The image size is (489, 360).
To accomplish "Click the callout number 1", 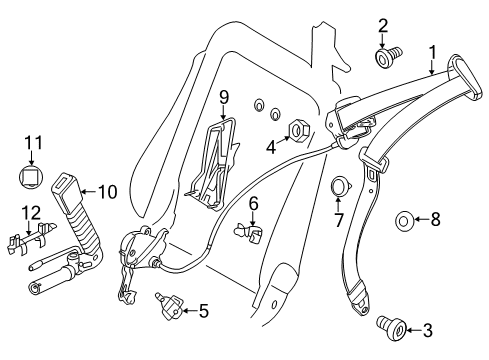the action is pyautogui.click(x=432, y=53).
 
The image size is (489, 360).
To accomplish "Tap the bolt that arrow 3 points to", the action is pyautogui.click(x=392, y=329).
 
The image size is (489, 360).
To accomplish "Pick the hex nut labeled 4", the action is pyautogui.click(x=298, y=129).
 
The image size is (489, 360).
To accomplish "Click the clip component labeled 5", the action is pyautogui.click(x=169, y=305).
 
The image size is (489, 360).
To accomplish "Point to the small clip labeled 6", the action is pyautogui.click(x=249, y=233).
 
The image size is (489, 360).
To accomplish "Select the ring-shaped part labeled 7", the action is pyautogui.click(x=340, y=186).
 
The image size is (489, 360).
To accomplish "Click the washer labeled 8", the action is pyautogui.click(x=404, y=220).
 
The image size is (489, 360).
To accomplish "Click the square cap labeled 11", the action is pyautogui.click(x=31, y=176).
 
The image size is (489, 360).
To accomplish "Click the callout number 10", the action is pyautogui.click(x=108, y=192).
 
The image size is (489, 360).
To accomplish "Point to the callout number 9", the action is pyautogui.click(x=224, y=98).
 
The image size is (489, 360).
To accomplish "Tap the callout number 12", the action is pyautogui.click(x=31, y=213).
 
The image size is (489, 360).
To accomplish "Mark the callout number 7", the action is pyautogui.click(x=338, y=220).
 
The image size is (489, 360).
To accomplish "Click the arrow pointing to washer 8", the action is pyautogui.click(x=421, y=219).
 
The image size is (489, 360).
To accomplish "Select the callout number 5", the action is pyautogui.click(x=204, y=311).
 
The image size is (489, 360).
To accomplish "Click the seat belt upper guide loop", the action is pyautogui.click(x=465, y=77).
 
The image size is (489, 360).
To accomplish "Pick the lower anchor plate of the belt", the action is pyautogui.click(x=360, y=298).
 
